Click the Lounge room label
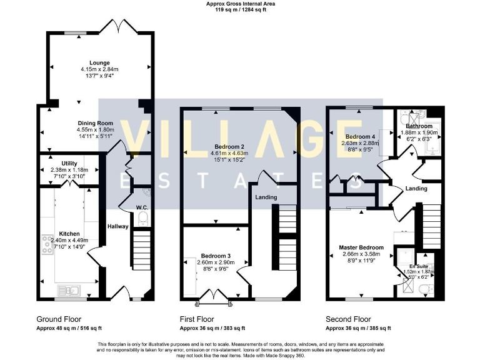[99, 63]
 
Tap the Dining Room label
[95, 123]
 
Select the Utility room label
[69, 163]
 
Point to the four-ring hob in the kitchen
[48, 243]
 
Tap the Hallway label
[117, 226]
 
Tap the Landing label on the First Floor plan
[266, 197]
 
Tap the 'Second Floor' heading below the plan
[348, 319]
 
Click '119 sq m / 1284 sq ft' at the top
[241, 9]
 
